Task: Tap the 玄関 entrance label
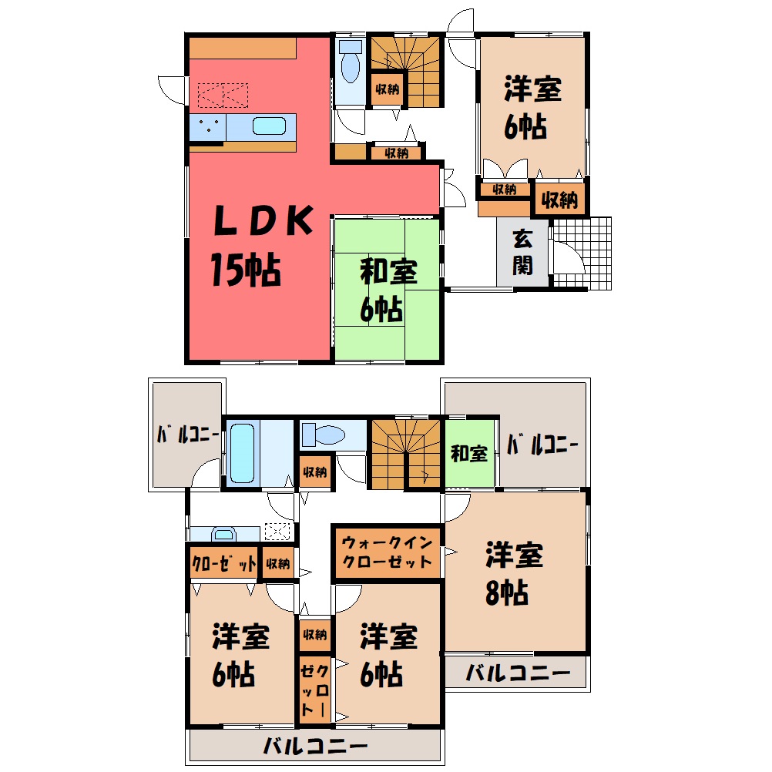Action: click(522, 252)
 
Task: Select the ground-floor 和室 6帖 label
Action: click(388, 290)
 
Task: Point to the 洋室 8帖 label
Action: click(514, 573)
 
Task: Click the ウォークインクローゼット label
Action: click(387, 552)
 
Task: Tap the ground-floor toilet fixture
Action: click(350, 62)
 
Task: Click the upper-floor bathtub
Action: click(242, 453)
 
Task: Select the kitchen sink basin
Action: click(269, 126)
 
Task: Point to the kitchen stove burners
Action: click(208, 126)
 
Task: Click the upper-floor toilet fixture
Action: click(323, 435)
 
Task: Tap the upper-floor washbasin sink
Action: click(223, 534)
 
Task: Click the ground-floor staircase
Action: click(404, 72)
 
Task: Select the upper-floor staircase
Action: click(405, 454)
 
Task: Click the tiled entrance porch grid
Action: click(582, 253)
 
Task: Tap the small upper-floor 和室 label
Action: click(468, 453)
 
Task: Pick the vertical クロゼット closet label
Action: click(314, 690)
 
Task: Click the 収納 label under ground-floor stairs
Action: click(387, 89)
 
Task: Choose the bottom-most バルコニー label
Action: click(315, 746)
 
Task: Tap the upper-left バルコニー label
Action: click(188, 435)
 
